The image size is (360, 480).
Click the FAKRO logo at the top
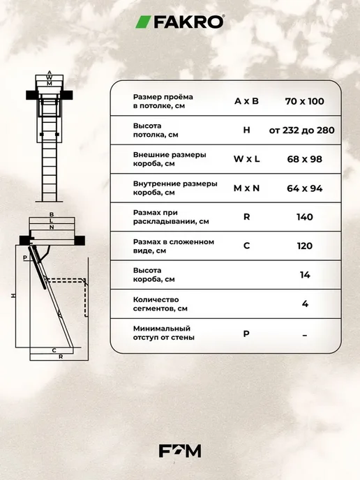[x=180, y=22]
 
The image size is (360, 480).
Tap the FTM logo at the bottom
[x=180, y=451]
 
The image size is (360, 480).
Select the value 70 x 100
[x=305, y=101]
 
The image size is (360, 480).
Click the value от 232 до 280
[x=302, y=130]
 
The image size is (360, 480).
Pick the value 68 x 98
[x=305, y=159]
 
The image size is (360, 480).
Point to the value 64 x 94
[x=305, y=188]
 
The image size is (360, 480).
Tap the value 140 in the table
[x=305, y=217]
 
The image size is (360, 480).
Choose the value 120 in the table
[x=305, y=246]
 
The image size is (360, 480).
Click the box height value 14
[x=305, y=275]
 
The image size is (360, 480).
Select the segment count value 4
[x=305, y=304]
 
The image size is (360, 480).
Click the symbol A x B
[x=246, y=101]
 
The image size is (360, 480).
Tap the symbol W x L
[x=246, y=159]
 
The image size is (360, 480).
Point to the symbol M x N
[x=246, y=188]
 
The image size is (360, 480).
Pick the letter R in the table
[x=246, y=217]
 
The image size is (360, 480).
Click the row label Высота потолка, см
[x=156, y=130]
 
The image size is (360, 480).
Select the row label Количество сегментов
[x=160, y=304]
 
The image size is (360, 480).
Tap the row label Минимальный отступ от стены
[x=163, y=333]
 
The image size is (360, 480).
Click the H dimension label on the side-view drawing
[x=13, y=296]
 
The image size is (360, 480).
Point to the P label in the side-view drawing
[x=25, y=257]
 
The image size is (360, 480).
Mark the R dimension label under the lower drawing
[x=61, y=357]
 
